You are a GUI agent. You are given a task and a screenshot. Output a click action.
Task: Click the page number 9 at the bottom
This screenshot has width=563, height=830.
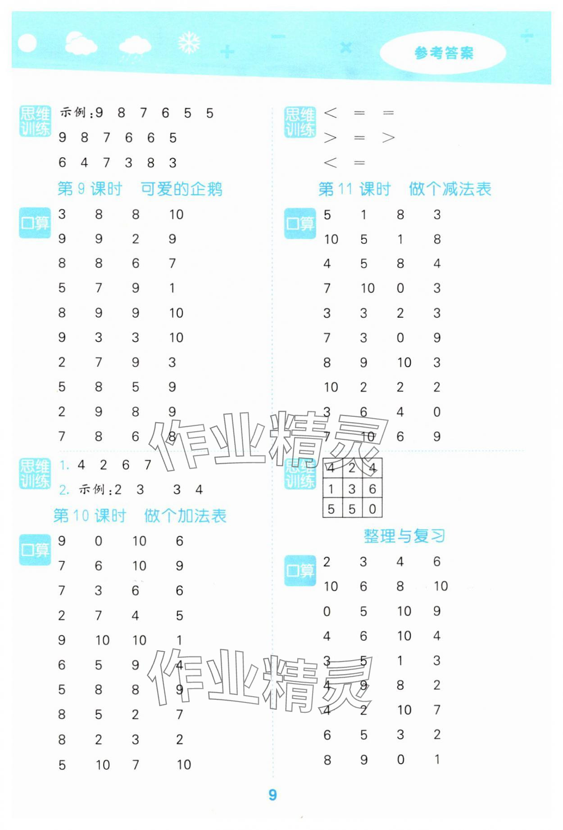coord(272,795)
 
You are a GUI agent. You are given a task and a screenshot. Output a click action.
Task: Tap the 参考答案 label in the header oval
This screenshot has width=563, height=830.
coord(444,53)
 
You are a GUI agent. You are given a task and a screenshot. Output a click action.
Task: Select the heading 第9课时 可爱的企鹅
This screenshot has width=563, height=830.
coord(140,189)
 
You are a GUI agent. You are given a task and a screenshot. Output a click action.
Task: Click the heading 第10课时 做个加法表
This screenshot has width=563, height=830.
coord(140,515)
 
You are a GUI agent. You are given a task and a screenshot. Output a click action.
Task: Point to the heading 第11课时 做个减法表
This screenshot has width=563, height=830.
coord(404,189)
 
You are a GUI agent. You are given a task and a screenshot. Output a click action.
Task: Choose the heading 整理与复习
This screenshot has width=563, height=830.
coord(404,536)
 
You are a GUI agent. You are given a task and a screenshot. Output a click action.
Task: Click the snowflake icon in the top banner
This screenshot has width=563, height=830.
coord(189,43)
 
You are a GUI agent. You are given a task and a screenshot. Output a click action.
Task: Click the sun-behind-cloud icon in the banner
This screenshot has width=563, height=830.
coord(80,44)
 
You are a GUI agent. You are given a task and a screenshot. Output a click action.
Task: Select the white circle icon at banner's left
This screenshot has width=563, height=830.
coord(27,43)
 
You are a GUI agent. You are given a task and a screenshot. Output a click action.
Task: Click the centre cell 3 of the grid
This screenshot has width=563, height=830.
coord(352,489)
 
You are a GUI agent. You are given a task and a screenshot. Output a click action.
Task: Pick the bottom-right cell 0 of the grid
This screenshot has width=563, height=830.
coord(372,509)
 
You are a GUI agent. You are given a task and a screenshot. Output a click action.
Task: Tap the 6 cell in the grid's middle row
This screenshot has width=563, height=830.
coord(372,489)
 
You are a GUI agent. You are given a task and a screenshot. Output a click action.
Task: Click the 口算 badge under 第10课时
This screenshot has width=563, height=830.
coord(35,550)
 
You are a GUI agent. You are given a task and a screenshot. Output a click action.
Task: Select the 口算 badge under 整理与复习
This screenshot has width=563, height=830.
coord(300,571)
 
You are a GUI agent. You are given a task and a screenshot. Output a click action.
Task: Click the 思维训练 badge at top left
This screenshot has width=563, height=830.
coord(35,121)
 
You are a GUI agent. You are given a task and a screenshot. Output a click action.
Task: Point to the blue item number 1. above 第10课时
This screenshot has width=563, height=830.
coord(64,465)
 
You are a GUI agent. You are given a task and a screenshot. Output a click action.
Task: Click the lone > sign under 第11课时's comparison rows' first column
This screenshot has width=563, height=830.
coord(330,138)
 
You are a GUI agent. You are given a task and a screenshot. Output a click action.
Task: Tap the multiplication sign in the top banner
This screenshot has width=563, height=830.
coord(345,47)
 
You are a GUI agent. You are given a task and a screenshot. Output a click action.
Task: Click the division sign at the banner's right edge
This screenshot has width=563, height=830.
coord(527,36)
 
